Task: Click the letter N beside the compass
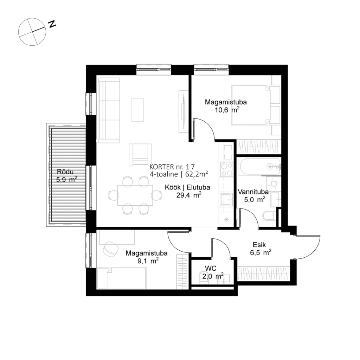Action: pyautogui.click(x=52, y=24)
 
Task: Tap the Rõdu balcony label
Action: pyautogui.click(x=66, y=172)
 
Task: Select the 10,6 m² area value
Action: pyautogui.click(x=227, y=110)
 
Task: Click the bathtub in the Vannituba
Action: pyautogui.click(x=259, y=167)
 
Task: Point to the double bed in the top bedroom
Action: pyautogui.click(x=251, y=105)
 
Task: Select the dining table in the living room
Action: pyautogui.click(x=135, y=195)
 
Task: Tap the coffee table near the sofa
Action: pyautogui.click(x=137, y=110)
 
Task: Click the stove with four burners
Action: pyautogui.click(x=226, y=169)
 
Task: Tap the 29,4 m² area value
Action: pyautogui.click(x=188, y=195)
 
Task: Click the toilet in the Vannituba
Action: pyautogui.click(x=269, y=215)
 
